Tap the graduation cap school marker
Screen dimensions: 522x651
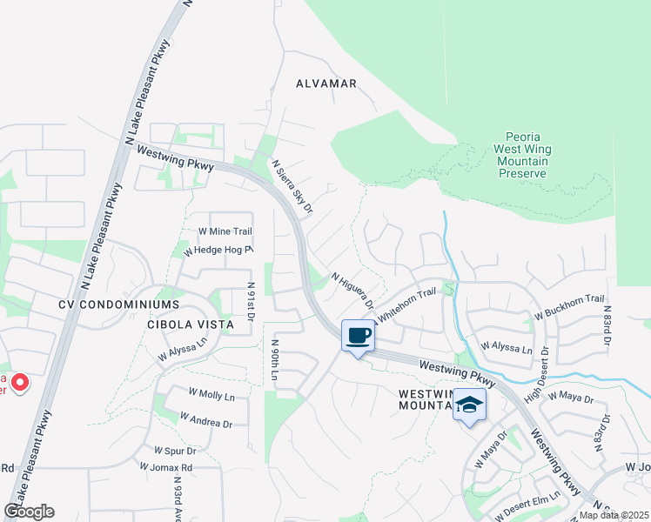469,405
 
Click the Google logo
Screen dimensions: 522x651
29,512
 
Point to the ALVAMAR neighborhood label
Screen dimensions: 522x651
326,84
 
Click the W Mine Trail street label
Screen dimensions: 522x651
225,231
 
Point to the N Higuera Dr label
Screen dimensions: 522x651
352,291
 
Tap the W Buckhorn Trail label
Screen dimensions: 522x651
569,305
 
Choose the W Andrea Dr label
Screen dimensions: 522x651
206,420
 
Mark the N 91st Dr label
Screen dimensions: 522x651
250,300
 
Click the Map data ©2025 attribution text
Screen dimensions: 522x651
614,515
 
